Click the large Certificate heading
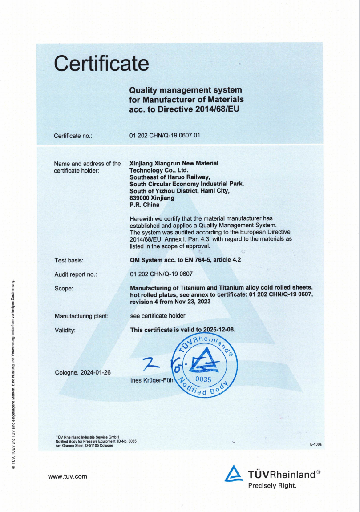point(101,63)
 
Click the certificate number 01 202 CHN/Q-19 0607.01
point(164,135)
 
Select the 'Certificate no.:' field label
point(73,136)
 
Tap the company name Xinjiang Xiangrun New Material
point(174,163)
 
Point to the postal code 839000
point(139,198)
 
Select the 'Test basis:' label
point(69,260)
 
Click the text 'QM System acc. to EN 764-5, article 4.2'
point(185,260)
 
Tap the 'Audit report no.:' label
point(76,274)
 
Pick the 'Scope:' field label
point(64,288)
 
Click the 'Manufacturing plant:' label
point(81,316)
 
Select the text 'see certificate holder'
point(158,316)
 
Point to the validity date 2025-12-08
point(218,330)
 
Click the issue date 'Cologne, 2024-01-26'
point(83,372)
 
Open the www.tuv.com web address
point(68,476)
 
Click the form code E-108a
point(316,444)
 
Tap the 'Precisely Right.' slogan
point(272,485)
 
